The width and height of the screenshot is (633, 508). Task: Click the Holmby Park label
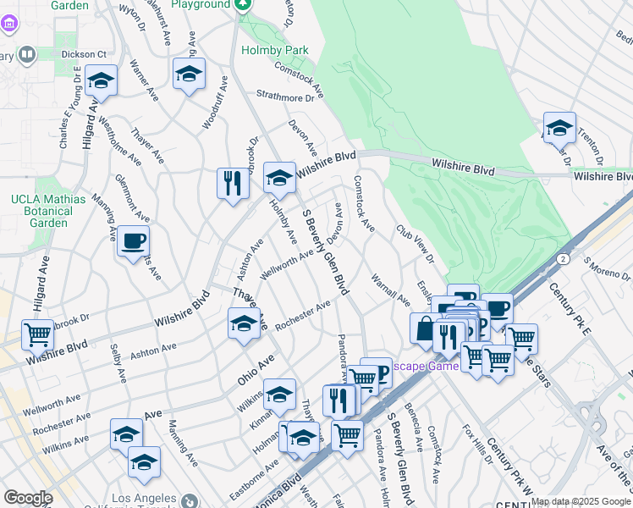coord(272,50)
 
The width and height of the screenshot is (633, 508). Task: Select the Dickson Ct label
coord(93,54)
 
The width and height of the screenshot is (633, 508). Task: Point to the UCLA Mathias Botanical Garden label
coord(47,211)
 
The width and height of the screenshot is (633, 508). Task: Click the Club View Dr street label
coord(415,243)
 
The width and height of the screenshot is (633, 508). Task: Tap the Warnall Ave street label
coord(390,290)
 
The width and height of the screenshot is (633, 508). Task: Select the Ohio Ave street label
coord(256,371)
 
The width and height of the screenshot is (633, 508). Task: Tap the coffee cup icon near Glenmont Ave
coord(133,242)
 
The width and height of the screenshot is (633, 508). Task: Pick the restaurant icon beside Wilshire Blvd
coord(233,184)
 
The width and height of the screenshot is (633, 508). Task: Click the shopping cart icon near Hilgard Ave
coord(37,335)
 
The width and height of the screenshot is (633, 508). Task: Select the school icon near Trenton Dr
coord(559,128)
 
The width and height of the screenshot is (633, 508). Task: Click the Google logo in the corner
coord(28,498)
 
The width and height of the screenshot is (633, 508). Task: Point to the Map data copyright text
coord(581,501)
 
